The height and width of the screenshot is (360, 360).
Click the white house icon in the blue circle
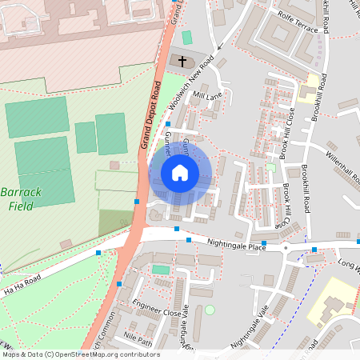pyautogui.click(x=180, y=173)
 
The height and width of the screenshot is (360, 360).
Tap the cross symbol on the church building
pyautogui.click(x=182, y=61)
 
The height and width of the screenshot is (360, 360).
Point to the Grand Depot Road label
pyautogui.click(x=150, y=115)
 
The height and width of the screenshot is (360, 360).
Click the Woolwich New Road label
pyautogui.click(x=192, y=83)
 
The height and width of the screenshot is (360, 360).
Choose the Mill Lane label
pyautogui.click(x=206, y=95)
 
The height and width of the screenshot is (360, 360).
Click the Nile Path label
pyautogui.click(x=138, y=338)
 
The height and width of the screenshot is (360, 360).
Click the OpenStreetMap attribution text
pyautogui.click(x=80, y=354)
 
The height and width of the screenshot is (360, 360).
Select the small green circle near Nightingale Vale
pyautogui.click(x=210, y=310)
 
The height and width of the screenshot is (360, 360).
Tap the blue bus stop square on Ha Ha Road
pyautogui.click(x=98, y=253)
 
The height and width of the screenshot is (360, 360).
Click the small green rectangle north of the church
pyautogui.click(x=187, y=38)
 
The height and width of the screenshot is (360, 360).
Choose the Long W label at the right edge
pyautogui.click(x=348, y=262)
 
